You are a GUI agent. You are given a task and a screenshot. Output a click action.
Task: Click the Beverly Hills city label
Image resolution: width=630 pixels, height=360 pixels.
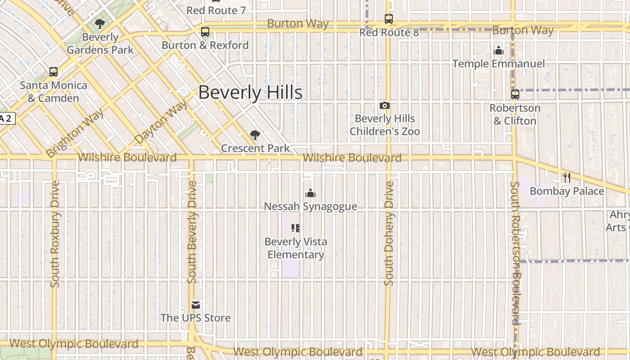250,92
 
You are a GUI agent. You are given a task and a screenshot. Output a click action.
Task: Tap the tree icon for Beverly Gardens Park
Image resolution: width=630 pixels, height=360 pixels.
100,24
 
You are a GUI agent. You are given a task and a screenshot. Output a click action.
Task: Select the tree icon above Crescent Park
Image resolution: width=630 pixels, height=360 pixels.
255,135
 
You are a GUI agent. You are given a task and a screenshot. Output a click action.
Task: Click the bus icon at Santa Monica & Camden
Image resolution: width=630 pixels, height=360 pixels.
53,72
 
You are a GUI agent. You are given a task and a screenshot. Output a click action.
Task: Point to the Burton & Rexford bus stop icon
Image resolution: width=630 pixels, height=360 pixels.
205,32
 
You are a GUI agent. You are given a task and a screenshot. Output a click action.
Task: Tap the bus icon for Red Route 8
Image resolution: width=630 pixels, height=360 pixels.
389,19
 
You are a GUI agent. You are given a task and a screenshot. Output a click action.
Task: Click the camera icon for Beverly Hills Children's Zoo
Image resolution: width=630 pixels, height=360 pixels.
385,105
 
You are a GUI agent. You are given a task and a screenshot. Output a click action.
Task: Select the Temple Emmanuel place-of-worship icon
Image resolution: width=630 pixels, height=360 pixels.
499,50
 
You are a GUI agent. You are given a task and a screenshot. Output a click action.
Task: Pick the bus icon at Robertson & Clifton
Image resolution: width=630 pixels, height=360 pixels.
515,94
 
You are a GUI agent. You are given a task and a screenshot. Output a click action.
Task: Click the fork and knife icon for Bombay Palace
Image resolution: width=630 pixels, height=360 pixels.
567,178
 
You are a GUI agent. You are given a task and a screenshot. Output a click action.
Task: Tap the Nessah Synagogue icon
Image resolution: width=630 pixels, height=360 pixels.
310,193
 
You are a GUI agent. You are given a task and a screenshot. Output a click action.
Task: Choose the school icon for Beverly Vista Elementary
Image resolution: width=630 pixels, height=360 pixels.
296,228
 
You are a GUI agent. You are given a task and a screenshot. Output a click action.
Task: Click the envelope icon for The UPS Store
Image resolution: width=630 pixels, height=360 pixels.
196,305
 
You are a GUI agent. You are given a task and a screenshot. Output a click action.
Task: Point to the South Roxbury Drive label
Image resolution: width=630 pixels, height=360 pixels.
55,234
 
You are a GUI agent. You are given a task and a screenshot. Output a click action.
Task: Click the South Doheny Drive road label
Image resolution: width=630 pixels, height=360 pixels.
389,233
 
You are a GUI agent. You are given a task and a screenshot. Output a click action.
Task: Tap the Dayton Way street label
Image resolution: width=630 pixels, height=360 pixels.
161,122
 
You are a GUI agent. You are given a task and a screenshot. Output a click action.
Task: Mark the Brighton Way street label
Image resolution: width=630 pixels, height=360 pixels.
75,133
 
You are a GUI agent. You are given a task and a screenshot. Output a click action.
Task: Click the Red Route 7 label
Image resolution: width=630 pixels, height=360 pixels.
216,10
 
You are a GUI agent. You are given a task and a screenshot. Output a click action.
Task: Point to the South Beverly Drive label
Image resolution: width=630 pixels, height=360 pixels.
192,232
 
